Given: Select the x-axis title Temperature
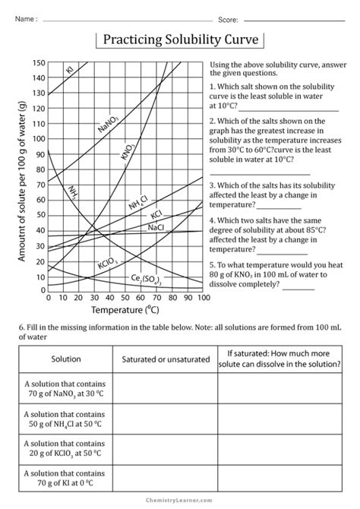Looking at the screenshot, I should click(125, 311).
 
